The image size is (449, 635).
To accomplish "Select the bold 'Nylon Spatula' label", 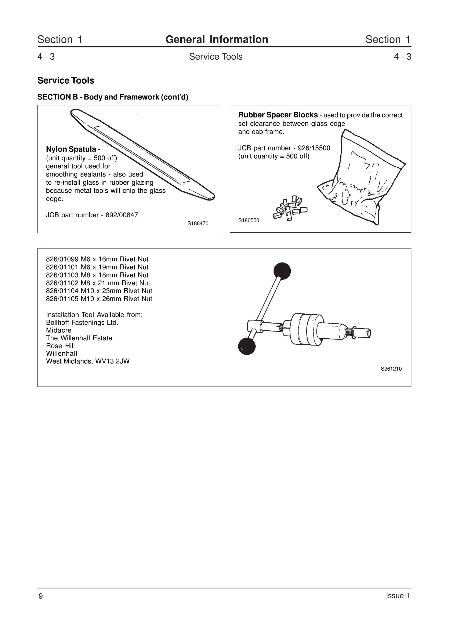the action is point(71,149).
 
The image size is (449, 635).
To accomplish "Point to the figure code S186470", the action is point(198,224).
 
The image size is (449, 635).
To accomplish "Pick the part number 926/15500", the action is point(314,148).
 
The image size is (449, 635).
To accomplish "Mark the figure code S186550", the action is point(249,220).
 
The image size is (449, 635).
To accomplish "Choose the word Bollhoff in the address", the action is point(57,323).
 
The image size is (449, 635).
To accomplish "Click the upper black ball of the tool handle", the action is point(282,271).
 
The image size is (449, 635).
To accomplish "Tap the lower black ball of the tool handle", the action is point(247,346).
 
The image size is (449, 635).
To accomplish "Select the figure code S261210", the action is point(391,369).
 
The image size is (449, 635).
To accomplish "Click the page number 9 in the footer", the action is point(41,596).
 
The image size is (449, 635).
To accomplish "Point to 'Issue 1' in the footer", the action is point(398,595).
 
